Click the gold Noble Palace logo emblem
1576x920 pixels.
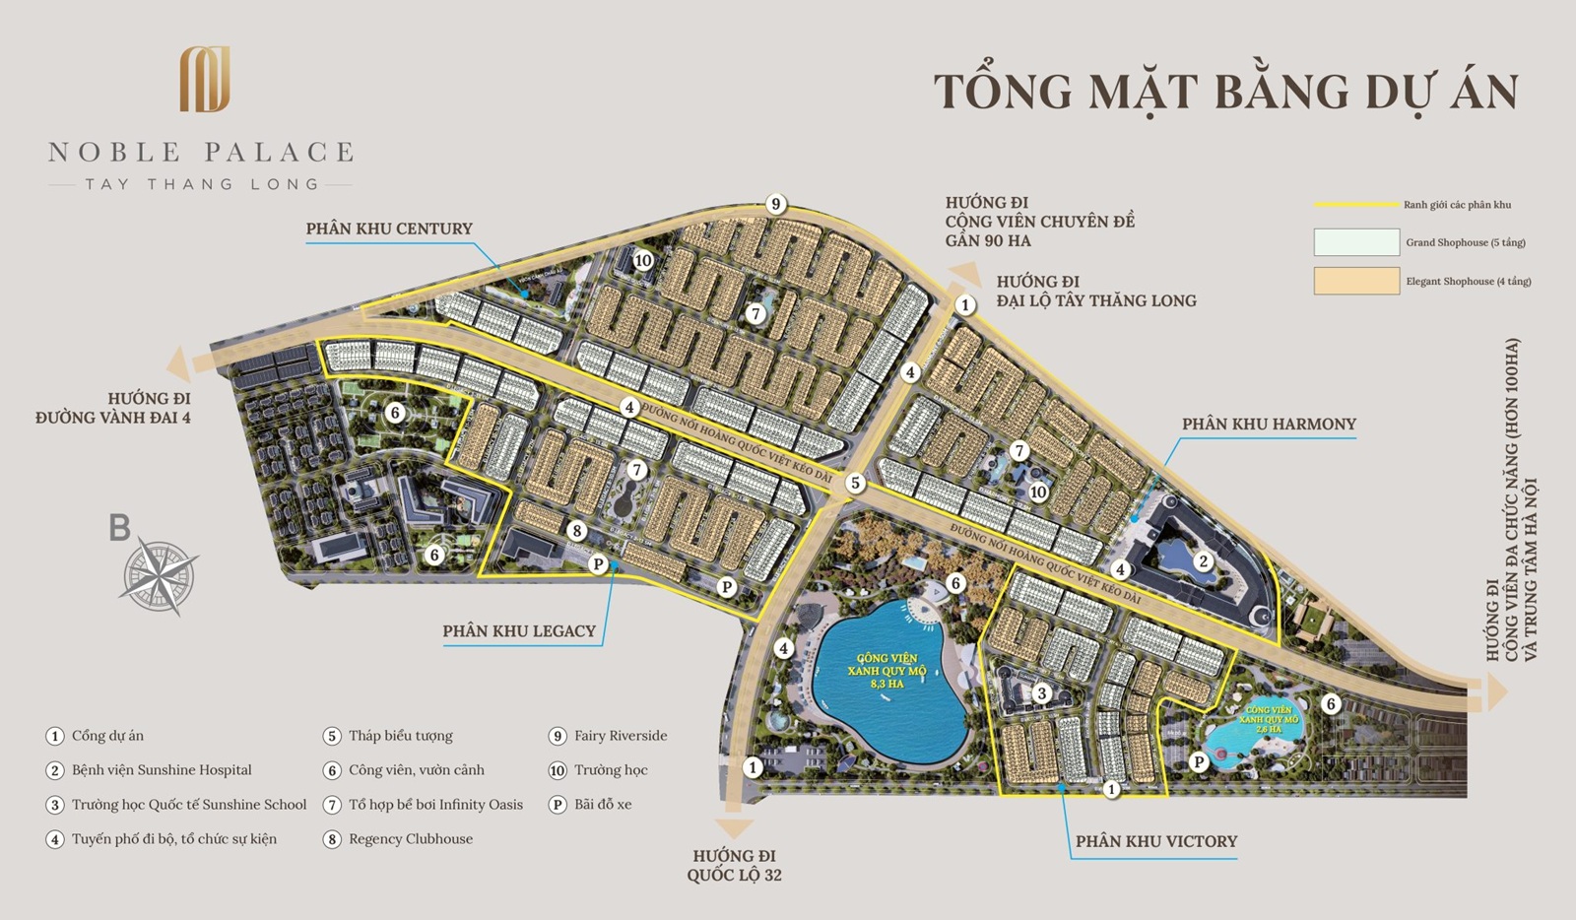click(205, 79)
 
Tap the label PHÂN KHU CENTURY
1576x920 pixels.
click(389, 229)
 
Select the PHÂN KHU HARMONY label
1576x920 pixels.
click(1269, 424)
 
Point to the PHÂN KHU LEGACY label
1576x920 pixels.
click(519, 630)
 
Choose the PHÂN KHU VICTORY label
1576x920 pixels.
click(1155, 841)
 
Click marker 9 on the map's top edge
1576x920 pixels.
click(776, 204)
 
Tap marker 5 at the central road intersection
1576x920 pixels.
click(855, 483)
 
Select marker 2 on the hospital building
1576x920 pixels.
click(1203, 561)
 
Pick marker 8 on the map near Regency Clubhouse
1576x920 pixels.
click(577, 531)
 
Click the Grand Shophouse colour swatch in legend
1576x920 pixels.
click(1356, 242)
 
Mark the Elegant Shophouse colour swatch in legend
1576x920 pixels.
click(1356, 281)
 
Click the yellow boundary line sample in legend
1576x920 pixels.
click(1357, 205)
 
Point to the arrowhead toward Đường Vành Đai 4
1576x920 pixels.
click(179, 362)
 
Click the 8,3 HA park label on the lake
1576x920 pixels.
click(886, 671)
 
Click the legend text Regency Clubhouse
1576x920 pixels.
click(410, 839)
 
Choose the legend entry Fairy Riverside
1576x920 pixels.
click(621, 736)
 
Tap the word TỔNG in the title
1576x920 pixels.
click(1002, 92)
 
